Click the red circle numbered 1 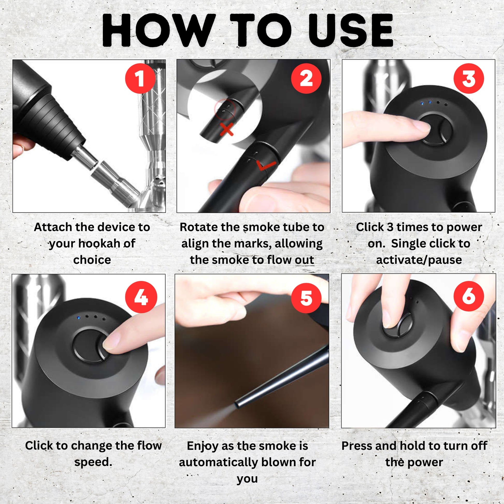pyautogui.click(x=140, y=78)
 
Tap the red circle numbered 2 pyautogui.click(x=306, y=78)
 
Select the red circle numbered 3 pyautogui.click(x=469, y=78)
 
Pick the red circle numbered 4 pyautogui.click(x=141, y=297)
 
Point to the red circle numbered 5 pyautogui.click(x=306, y=297)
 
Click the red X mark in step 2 pyautogui.click(x=226, y=129)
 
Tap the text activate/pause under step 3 pyautogui.click(x=419, y=260)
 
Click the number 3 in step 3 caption pyautogui.click(x=390, y=227)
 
